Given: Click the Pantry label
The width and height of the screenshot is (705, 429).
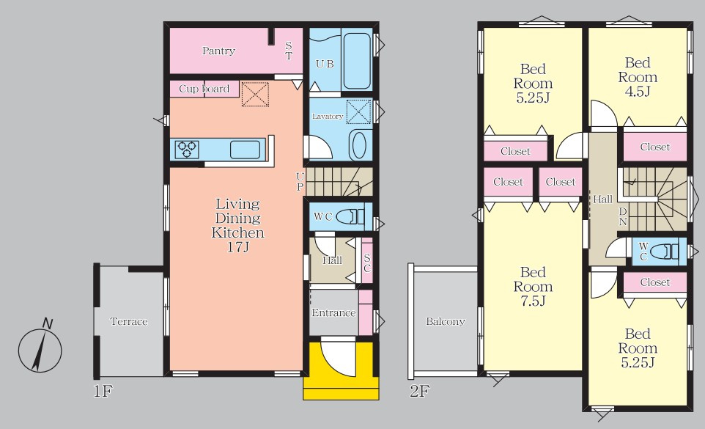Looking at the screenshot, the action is (x=218, y=51).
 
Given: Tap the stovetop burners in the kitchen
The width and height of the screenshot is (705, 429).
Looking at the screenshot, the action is (x=187, y=150).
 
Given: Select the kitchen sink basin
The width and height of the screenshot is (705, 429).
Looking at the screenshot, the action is (x=245, y=150).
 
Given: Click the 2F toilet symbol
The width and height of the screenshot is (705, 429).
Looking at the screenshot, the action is (x=664, y=251).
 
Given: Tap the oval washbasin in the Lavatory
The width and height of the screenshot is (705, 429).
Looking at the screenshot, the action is (x=358, y=144).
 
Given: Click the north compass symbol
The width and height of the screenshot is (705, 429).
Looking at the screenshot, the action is (x=40, y=349).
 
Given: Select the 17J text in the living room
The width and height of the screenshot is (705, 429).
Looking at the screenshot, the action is (x=238, y=247).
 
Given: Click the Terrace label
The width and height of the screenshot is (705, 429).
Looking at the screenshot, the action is (x=129, y=321).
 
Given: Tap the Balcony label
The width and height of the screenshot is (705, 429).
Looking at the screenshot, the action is (x=445, y=321).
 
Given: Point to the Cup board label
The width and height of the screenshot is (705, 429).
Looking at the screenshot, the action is (x=204, y=89).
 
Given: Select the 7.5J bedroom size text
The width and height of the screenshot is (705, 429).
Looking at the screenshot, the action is (x=533, y=301).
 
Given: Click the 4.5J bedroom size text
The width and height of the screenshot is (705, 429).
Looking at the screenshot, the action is (x=638, y=92).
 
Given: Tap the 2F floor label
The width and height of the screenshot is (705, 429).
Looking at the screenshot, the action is (x=419, y=391).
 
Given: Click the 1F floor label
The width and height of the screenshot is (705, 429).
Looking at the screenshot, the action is (x=103, y=391).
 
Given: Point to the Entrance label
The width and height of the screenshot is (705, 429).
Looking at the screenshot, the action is (x=333, y=313).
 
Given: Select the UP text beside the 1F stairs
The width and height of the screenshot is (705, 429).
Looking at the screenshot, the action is (x=300, y=181).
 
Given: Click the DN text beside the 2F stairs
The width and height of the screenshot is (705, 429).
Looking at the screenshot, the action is (x=623, y=216).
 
